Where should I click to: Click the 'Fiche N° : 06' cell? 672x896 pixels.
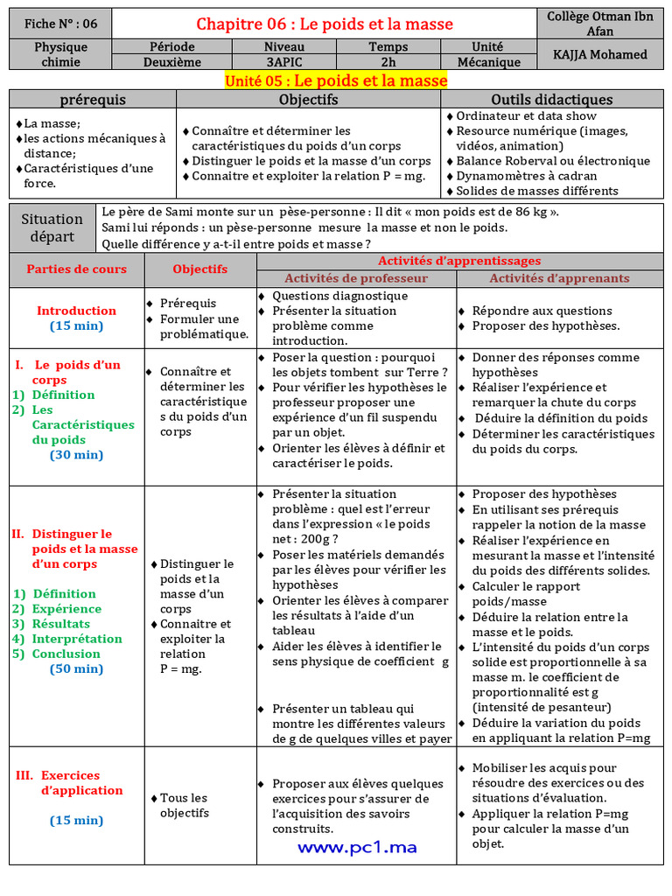click(x=60, y=24)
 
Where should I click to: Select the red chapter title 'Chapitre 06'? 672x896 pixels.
click(x=325, y=24)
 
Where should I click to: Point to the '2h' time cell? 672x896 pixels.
click(x=388, y=62)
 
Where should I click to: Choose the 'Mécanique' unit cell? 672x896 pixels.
click(x=487, y=62)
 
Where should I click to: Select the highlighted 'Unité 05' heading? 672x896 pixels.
click(x=336, y=81)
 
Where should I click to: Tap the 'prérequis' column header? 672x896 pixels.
click(x=93, y=100)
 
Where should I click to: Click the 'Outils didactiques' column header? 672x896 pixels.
click(x=551, y=100)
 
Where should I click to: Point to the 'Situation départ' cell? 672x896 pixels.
click(x=52, y=227)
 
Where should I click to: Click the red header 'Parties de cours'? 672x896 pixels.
click(x=77, y=269)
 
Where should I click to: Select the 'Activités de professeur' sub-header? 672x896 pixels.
click(x=356, y=278)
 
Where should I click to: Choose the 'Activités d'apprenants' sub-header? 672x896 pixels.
click(x=559, y=278)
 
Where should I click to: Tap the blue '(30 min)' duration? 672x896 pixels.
click(x=76, y=455)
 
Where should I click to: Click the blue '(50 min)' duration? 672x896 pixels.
click(x=76, y=669)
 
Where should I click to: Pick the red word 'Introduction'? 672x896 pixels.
click(x=76, y=311)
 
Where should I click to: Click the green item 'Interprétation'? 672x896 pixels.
click(x=66, y=639)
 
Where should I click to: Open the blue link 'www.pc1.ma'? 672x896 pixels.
click(x=357, y=847)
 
